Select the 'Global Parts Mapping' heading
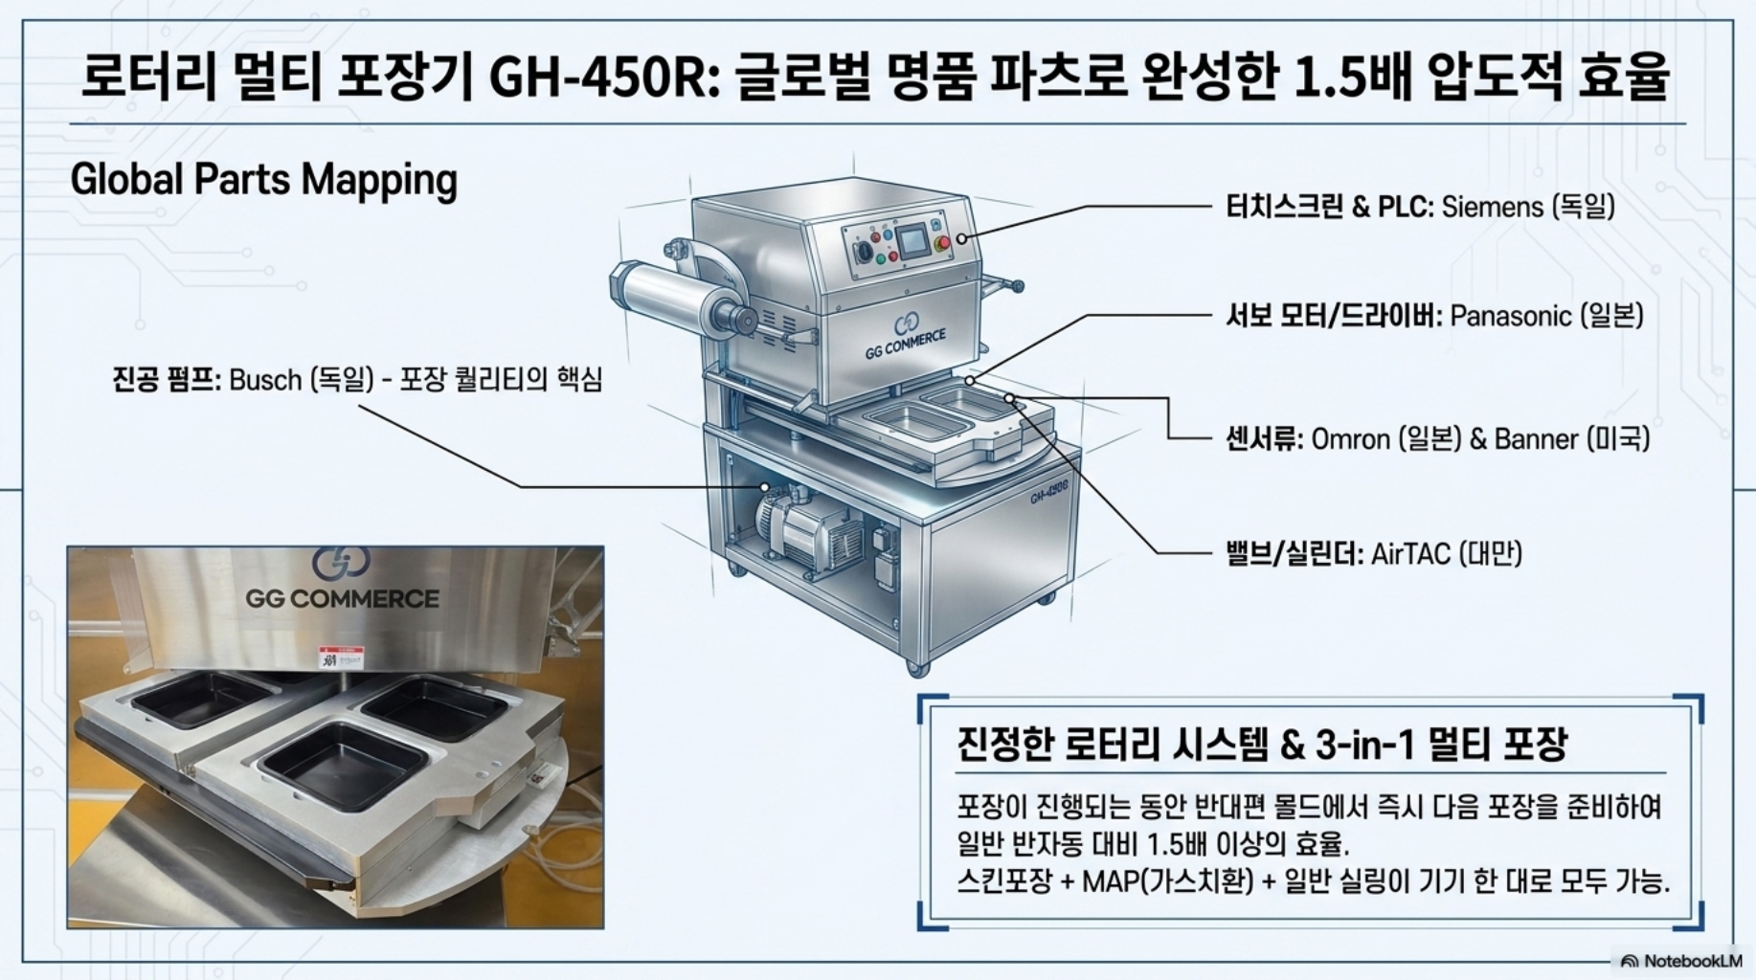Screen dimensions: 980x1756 [263, 180]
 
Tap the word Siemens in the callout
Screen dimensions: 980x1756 [1493, 207]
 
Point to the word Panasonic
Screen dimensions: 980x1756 [1511, 316]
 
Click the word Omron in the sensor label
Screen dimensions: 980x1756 [1350, 439]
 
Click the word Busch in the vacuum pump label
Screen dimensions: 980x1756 [265, 380]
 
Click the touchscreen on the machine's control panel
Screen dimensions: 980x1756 [917, 239]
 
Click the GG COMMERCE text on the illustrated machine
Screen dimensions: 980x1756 [905, 344]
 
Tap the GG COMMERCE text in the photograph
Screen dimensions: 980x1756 [342, 599]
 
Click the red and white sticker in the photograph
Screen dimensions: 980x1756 [342, 658]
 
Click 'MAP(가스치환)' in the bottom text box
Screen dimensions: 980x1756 [1167, 880]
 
